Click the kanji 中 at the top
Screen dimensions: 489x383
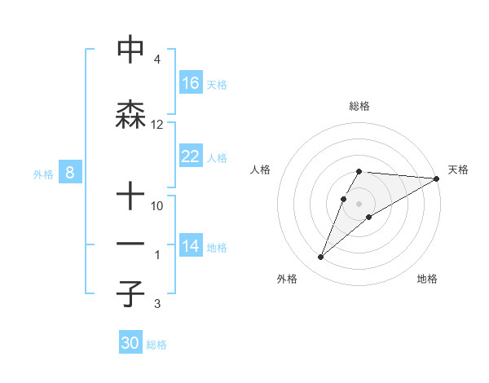point(131,50)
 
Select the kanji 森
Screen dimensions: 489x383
point(131,113)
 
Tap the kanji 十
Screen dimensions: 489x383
point(131,196)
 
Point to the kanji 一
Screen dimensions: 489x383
point(131,244)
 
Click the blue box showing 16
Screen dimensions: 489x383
point(191,83)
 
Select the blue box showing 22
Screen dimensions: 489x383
point(191,156)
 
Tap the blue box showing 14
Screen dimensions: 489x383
point(191,246)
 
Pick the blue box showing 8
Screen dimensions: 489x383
point(70,173)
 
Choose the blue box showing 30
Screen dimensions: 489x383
point(130,343)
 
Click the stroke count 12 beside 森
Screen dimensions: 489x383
point(157,125)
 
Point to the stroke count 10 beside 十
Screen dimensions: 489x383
point(157,206)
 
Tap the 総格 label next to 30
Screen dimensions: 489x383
point(156,345)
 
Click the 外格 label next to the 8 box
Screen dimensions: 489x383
point(42,174)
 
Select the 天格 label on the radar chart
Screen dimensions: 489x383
point(458,169)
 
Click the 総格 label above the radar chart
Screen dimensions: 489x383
point(359,106)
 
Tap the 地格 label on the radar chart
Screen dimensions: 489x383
point(427,279)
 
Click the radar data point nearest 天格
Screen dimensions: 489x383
point(437,178)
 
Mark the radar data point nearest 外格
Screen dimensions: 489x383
point(320,258)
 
